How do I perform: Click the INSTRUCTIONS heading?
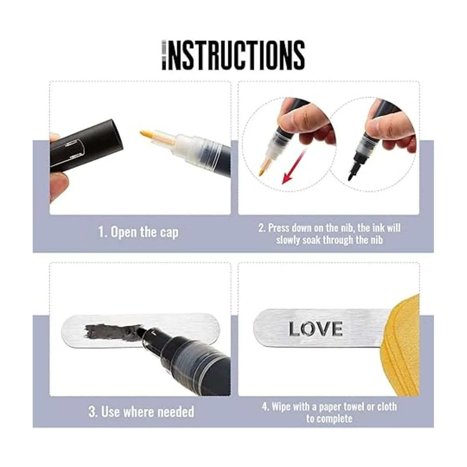pyautogui.click(x=233, y=56)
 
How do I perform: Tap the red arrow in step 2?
pyautogui.click(x=294, y=167)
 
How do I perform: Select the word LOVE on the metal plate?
pyautogui.click(x=316, y=329)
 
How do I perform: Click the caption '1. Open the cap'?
pyautogui.click(x=139, y=232)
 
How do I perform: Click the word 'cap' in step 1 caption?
pyautogui.click(x=169, y=233)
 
